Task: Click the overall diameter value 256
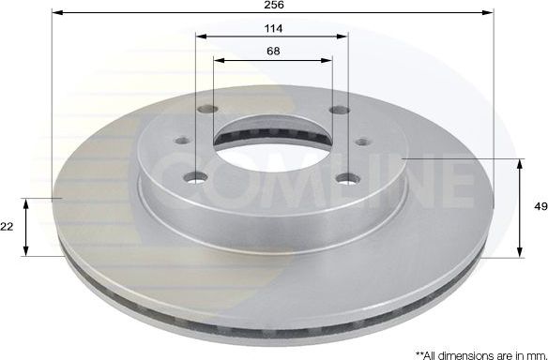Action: pos(273,5)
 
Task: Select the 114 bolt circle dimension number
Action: pos(273,29)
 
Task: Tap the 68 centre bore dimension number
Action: pos(273,52)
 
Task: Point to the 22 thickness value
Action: pos(8,227)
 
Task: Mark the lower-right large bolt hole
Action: pos(350,178)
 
